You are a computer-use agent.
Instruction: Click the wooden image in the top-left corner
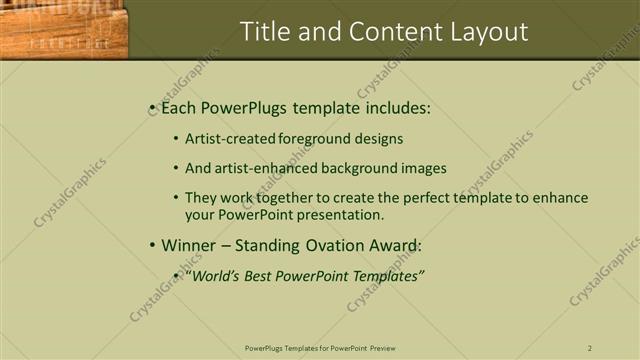click(64, 30)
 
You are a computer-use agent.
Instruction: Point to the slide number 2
click(590, 348)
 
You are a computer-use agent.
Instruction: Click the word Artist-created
click(230, 139)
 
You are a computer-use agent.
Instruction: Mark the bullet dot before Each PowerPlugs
click(152, 106)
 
